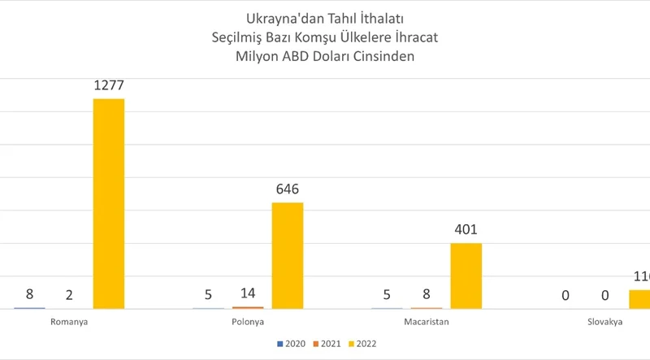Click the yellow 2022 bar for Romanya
point(109,203)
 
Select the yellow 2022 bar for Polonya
point(287,255)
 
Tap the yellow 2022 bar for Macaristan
point(466,275)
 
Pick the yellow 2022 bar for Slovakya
point(639,299)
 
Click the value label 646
point(287,190)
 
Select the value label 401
point(466,231)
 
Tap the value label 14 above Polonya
point(247,294)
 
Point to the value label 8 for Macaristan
point(426,294)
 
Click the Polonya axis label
point(247,322)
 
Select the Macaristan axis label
point(426,322)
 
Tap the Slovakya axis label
point(604,322)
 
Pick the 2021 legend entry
point(327,344)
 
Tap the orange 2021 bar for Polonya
point(247,307)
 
